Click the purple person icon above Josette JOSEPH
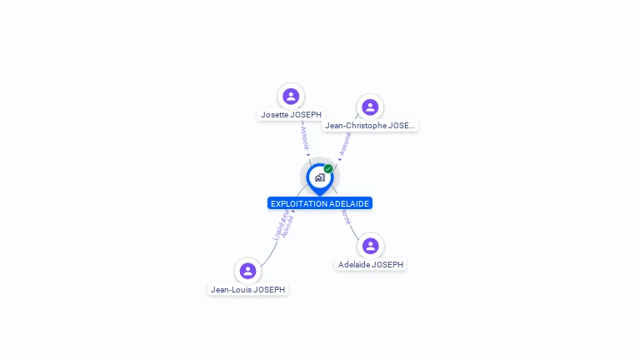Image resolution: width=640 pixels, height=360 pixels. pyautogui.click(x=291, y=96)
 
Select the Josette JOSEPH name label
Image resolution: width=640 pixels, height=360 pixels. pyautogui.click(x=291, y=115)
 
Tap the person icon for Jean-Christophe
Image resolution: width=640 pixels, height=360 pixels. pyautogui.click(x=370, y=107)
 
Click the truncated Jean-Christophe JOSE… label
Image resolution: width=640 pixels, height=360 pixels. pyautogui.click(x=370, y=126)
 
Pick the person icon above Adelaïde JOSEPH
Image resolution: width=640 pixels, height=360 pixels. pyautogui.click(x=371, y=246)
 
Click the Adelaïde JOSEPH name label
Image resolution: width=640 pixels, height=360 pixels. pyautogui.click(x=371, y=265)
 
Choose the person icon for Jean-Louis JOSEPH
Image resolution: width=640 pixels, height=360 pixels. pyautogui.click(x=247, y=271)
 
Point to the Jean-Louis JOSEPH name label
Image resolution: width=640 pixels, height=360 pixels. pyautogui.click(x=247, y=290)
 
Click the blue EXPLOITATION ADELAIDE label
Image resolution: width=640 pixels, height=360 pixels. pyautogui.click(x=320, y=203)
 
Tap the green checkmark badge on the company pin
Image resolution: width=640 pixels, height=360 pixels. pyautogui.click(x=328, y=168)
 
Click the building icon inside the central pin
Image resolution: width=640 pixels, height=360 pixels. pyautogui.click(x=319, y=177)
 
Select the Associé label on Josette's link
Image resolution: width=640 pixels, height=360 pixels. pyautogui.click(x=304, y=138)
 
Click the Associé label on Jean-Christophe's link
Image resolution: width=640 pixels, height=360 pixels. pyautogui.click(x=345, y=143)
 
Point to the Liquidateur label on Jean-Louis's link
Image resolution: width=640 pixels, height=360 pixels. pyautogui.click(x=281, y=224)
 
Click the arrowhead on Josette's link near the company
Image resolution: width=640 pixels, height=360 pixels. pyautogui.click(x=308, y=155)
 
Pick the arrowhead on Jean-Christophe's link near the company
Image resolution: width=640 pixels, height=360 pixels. pyautogui.click(x=339, y=158)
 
